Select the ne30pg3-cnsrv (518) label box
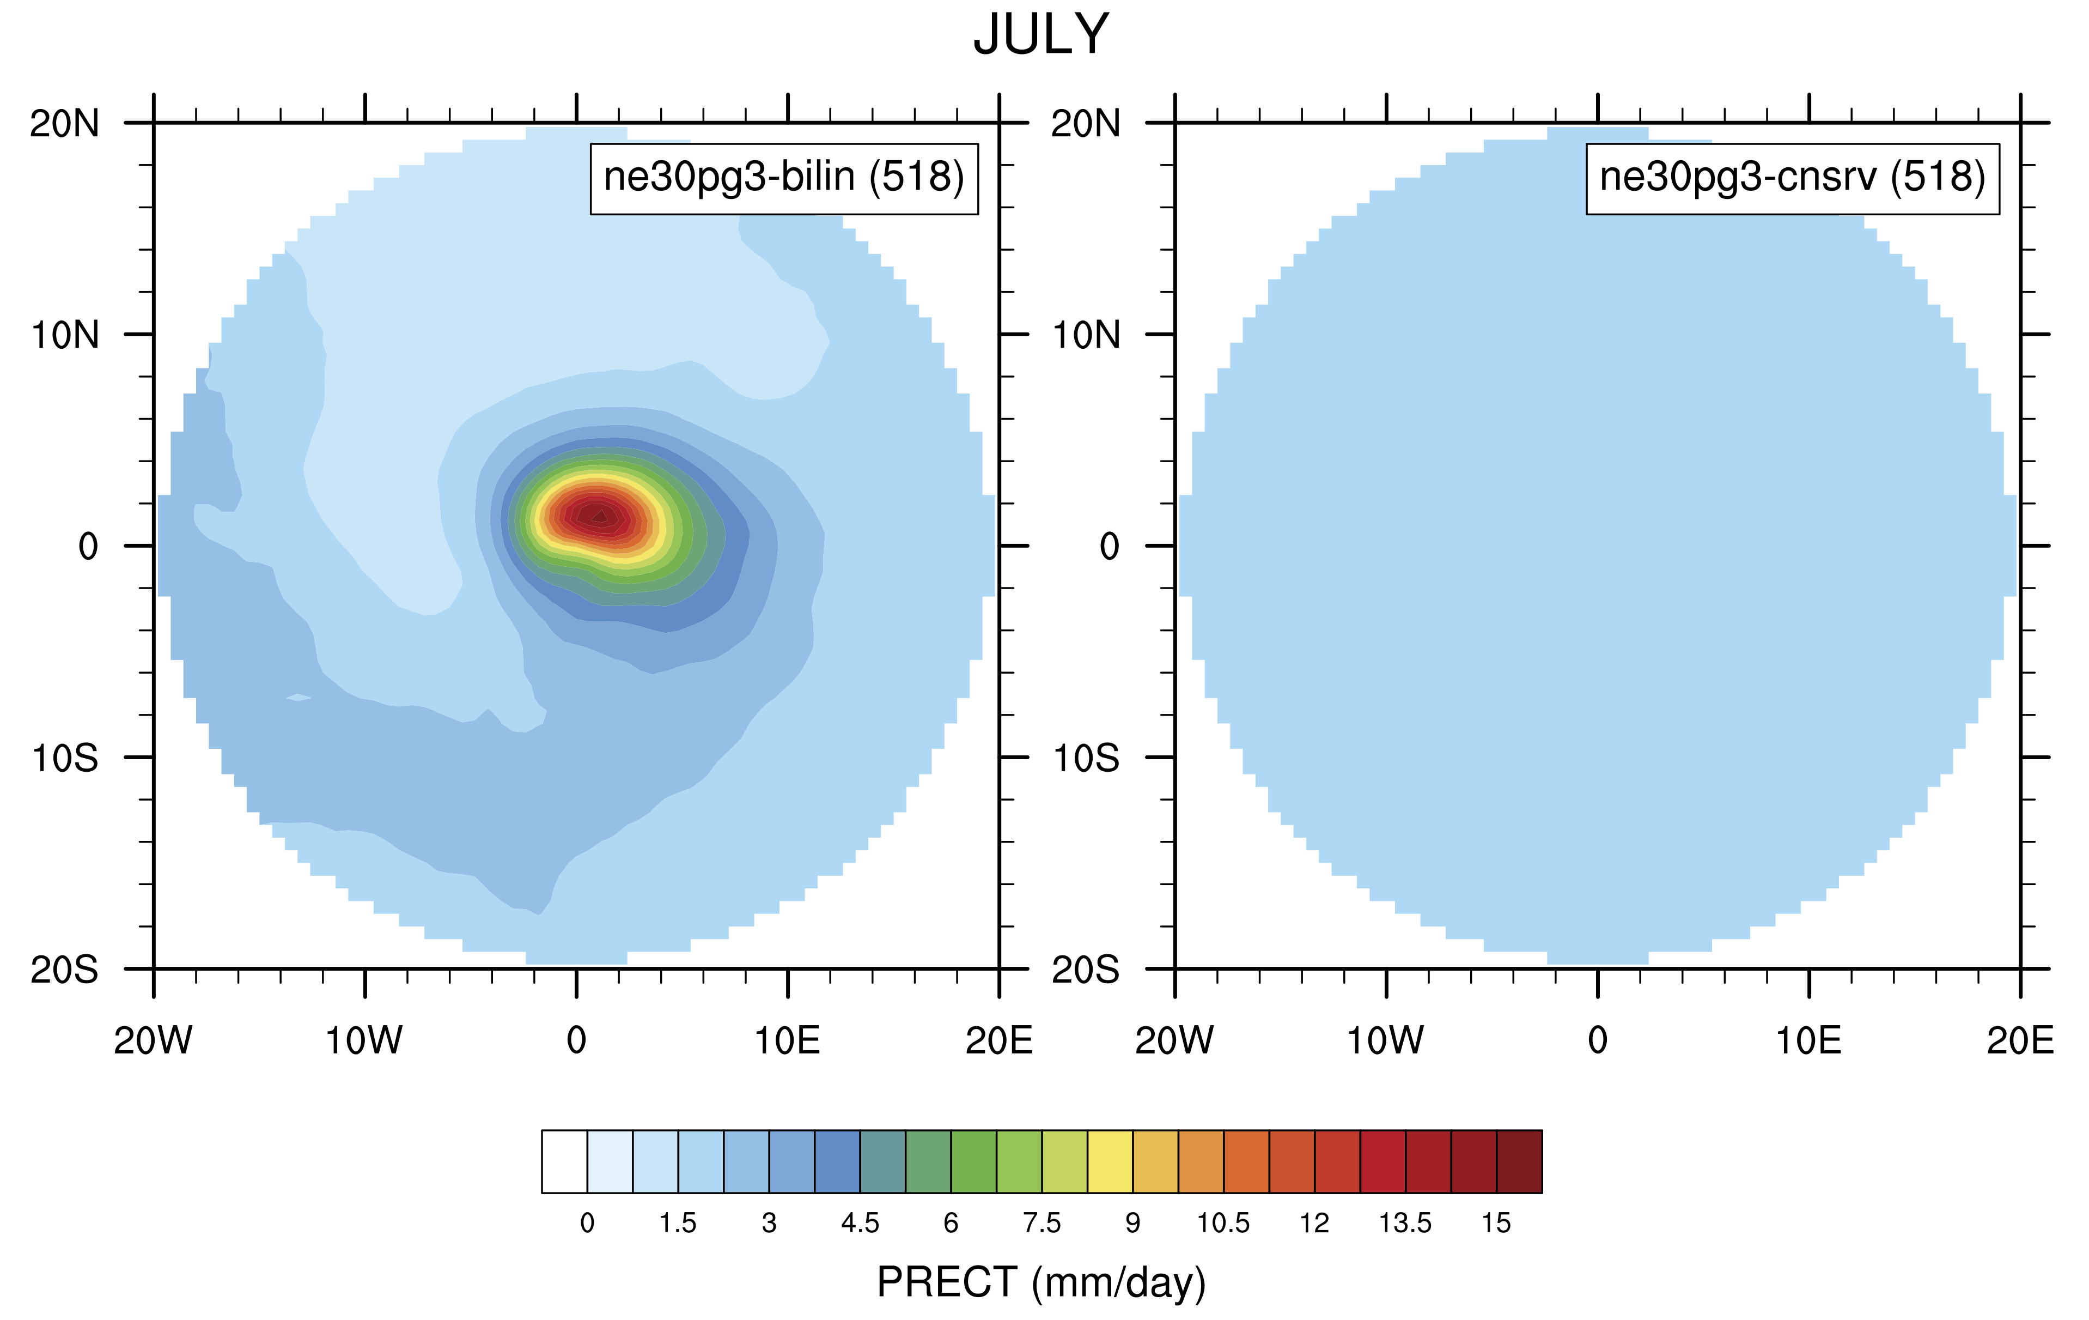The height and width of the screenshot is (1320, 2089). [x=1792, y=178]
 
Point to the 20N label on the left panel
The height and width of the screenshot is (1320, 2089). [x=64, y=124]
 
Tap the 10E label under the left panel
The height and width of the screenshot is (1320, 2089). [x=787, y=1040]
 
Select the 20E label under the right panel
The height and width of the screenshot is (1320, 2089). [x=2020, y=1040]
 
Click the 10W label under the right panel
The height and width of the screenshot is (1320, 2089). [x=1385, y=1040]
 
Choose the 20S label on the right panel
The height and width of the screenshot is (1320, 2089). [x=1086, y=970]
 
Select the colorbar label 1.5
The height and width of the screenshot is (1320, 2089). [x=678, y=1223]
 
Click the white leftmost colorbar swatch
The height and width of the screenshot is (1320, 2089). [x=564, y=1161]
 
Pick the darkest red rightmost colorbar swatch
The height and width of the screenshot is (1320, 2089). [x=1519, y=1161]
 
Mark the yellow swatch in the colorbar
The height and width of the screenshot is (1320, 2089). [x=1110, y=1161]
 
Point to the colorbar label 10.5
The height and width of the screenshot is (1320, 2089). [x=1223, y=1223]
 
